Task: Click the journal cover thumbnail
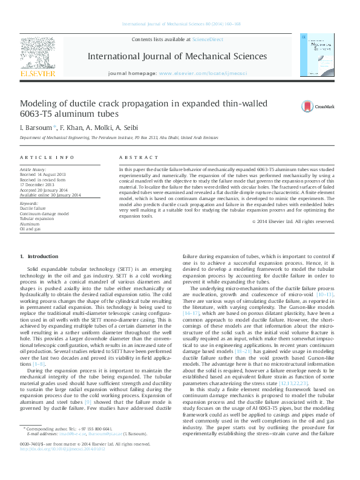(317, 55)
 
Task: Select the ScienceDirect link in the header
(208, 40)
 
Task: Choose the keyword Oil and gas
(30, 229)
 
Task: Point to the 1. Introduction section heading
(39, 257)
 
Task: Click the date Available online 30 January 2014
(50, 195)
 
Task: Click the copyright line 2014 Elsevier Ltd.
(293, 221)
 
